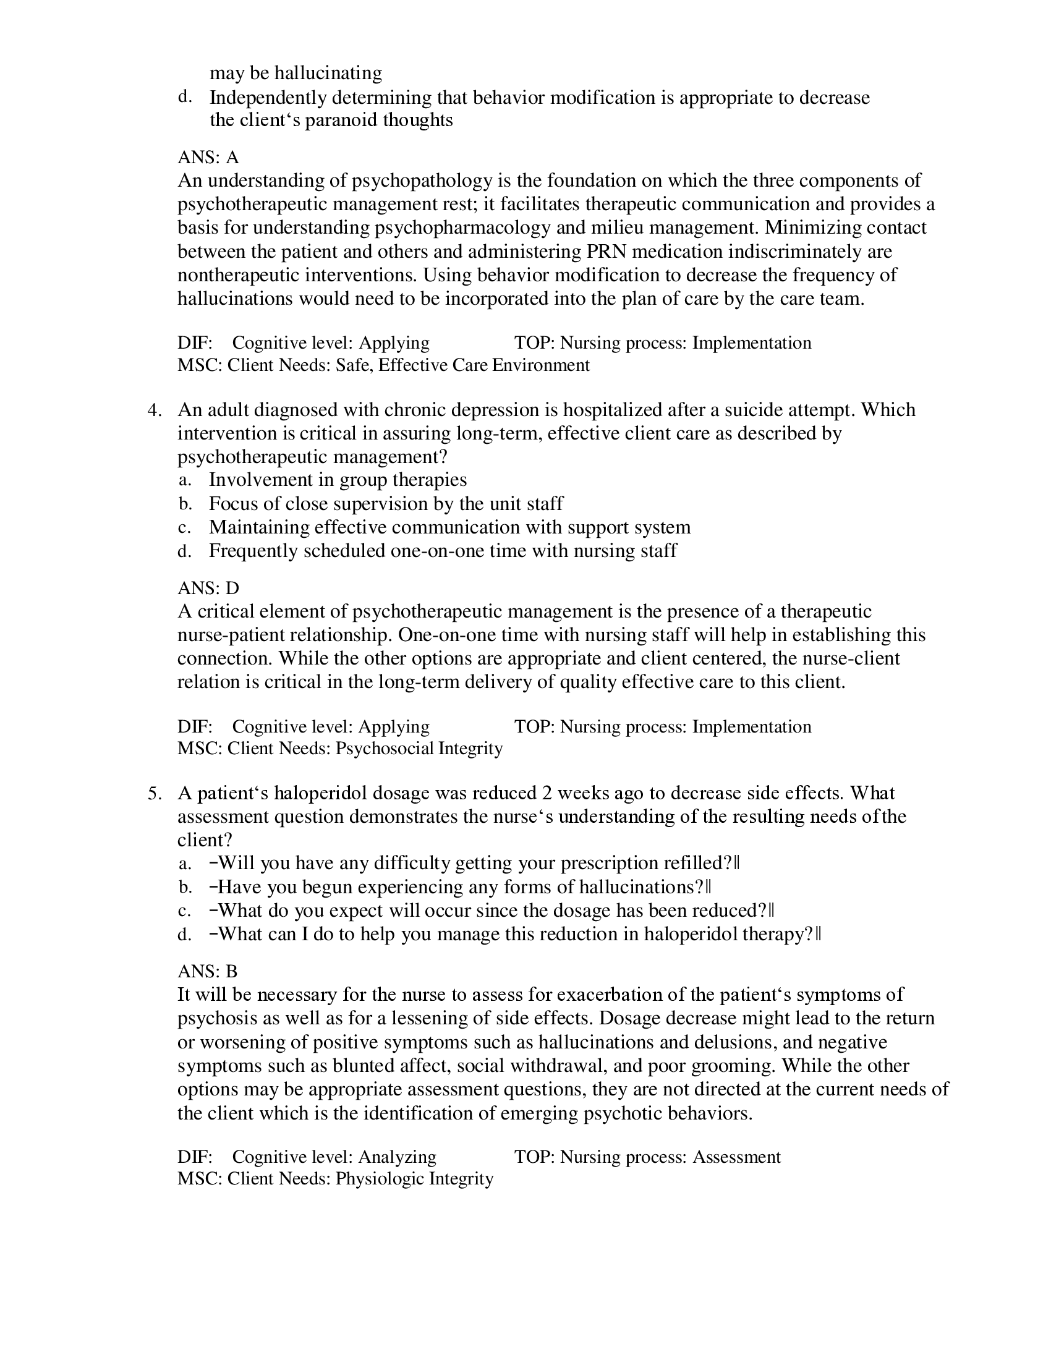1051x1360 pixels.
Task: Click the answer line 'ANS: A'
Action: pyautogui.click(x=208, y=157)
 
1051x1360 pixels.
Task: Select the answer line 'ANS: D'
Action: pyautogui.click(x=208, y=588)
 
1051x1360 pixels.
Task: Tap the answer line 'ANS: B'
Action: pyautogui.click(x=207, y=971)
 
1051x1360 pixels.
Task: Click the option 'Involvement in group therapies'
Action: pyautogui.click(x=338, y=480)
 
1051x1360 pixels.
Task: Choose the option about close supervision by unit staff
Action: pyautogui.click(x=386, y=503)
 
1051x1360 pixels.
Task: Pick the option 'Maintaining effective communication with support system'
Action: pyautogui.click(x=449, y=527)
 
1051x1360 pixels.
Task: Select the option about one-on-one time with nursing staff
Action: pyautogui.click(x=443, y=551)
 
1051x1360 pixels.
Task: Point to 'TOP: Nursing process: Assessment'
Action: pyautogui.click(x=647, y=1157)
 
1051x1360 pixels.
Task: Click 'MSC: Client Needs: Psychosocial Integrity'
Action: pyautogui.click(x=340, y=748)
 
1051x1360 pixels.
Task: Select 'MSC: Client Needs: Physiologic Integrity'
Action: pyautogui.click(x=335, y=1179)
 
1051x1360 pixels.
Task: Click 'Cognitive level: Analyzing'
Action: pyautogui.click(x=334, y=1157)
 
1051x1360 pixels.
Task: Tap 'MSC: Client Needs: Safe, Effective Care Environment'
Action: pyautogui.click(x=383, y=365)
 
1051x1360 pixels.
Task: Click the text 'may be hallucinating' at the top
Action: pyautogui.click(x=296, y=73)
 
